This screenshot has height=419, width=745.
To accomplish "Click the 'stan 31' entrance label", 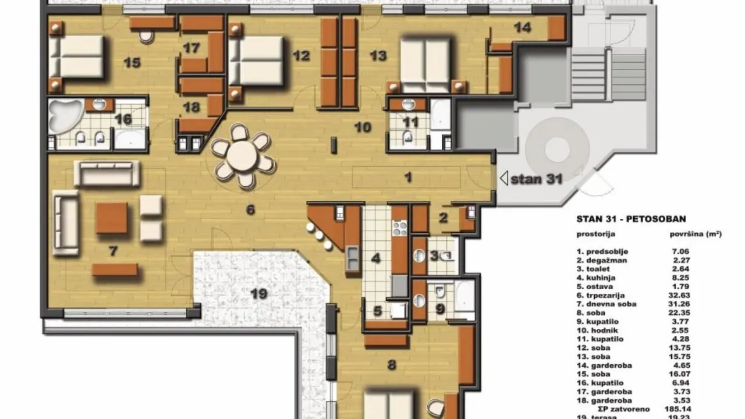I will [x=535, y=179].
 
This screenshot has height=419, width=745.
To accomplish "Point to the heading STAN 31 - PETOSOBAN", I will [x=631, y=219].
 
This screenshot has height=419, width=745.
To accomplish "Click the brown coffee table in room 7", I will [x=112, y=218].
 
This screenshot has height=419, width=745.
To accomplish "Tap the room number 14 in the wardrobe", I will [x=523, y=27].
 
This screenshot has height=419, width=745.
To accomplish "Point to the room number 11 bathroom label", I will [x=411, y=122].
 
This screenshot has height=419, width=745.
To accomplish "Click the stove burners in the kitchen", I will [x=399, y=227].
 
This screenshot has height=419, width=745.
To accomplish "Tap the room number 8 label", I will [x=391, y=365].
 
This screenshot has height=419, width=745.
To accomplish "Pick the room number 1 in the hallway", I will [x=408, y=176].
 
